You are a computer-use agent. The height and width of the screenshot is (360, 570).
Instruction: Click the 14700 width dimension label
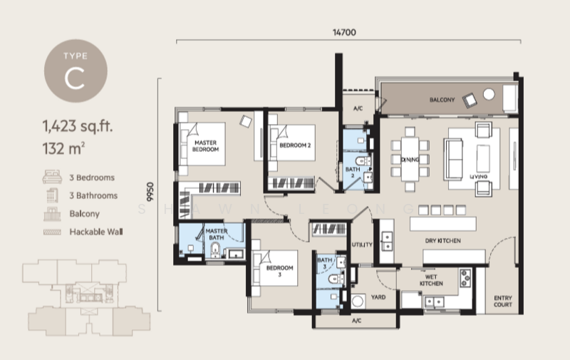[344, 32]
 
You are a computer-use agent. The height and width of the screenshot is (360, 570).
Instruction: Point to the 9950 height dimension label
[150, 192]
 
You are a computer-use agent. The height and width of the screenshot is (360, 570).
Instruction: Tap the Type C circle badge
[76, 71]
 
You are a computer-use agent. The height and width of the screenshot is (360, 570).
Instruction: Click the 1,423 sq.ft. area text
[78, 126]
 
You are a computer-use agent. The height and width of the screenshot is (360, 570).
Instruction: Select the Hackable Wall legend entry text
[96, 232]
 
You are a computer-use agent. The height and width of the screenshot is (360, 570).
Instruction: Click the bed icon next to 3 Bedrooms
[52, 177]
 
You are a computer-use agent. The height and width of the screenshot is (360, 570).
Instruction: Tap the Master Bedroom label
[205, 146]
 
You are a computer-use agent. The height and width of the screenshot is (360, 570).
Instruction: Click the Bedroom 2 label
[295, 145]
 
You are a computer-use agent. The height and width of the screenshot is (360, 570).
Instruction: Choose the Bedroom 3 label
[279, 271]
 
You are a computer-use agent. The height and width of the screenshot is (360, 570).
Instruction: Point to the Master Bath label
[217, 235]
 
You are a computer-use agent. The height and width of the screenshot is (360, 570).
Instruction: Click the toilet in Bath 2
[363, 161]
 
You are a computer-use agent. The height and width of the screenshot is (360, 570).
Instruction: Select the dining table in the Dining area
[410, 159]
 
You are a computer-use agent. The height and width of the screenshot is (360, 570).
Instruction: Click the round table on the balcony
[489, 95]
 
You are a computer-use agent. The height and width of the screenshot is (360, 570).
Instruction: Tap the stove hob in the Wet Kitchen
[465, 278]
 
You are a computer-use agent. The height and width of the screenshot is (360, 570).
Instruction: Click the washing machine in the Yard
[358, 302]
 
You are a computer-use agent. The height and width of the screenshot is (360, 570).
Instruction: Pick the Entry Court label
[503, 301]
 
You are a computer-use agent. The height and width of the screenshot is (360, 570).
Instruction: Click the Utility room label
[362, 245]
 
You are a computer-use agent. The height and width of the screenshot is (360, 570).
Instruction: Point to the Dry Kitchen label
[442, 241]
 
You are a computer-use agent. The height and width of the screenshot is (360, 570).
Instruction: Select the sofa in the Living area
[453, 159]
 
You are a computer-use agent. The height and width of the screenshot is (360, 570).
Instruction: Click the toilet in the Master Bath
[215, 250]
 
